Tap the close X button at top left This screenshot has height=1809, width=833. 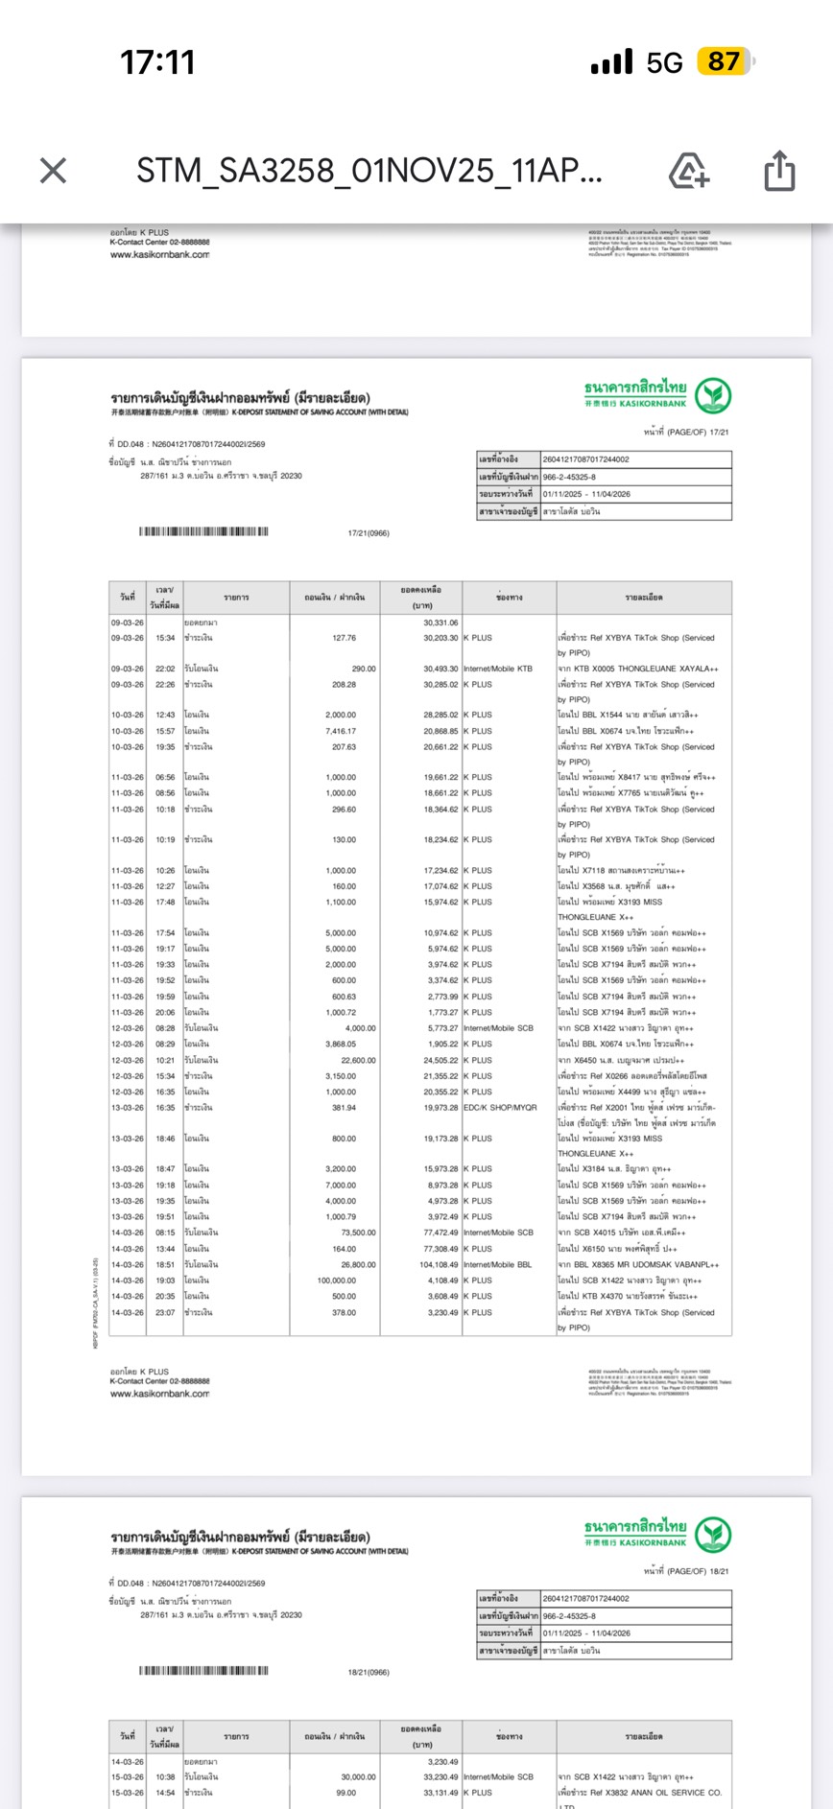point(54,171)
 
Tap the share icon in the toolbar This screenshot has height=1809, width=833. point(779,171)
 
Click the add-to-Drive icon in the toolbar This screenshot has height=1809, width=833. point(688,171)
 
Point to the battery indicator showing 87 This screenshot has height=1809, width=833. point(726,62)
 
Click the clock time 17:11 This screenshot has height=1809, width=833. point(157,63)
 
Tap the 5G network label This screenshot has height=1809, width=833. point(664,63)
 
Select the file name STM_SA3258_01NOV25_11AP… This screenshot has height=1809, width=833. point(369,171)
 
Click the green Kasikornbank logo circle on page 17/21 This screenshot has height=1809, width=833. point(713,395)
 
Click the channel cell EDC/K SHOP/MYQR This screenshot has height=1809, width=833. point(500,1108)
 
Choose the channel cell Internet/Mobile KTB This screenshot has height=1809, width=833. point(497,669)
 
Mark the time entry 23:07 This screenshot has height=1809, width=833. point(165,1312)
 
